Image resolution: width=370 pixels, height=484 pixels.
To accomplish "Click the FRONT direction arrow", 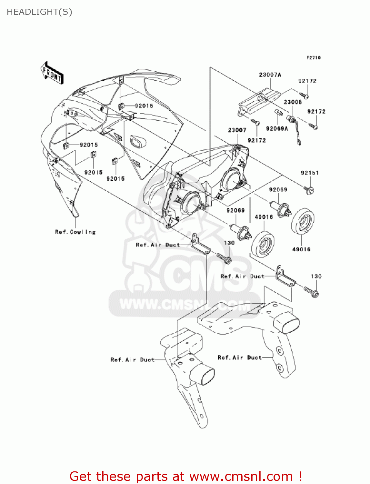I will pos(52,73).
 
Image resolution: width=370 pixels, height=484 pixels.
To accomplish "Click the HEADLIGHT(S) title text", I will pos(39,12).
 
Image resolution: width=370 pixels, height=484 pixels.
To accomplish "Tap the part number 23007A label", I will pos(270,75).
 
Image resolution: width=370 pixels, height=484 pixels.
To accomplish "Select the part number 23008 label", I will pos(293,102).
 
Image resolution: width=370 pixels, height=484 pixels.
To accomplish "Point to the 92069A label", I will pos(277,128).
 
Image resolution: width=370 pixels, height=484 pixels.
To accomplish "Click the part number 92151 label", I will pos(310,173).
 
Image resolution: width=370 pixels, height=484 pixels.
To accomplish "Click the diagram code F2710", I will pos(313,58).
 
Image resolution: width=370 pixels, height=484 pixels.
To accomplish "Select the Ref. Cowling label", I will pos(75,232).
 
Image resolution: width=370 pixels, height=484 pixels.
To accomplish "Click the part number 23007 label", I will pos(237,130).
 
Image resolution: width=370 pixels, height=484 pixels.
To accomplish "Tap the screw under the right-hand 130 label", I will pos(311,292).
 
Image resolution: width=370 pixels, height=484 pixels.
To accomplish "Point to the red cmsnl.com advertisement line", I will pos(185,476).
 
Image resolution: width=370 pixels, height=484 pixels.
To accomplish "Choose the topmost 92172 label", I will pos(307,81).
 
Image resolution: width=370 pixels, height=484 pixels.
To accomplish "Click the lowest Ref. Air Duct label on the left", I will pos(133,360).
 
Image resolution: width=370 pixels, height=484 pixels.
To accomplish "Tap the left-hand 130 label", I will pos(229,243).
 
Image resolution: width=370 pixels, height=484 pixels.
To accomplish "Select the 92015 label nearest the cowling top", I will pos(144,106).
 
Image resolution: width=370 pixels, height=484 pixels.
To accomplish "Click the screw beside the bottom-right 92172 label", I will pos(313,126).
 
